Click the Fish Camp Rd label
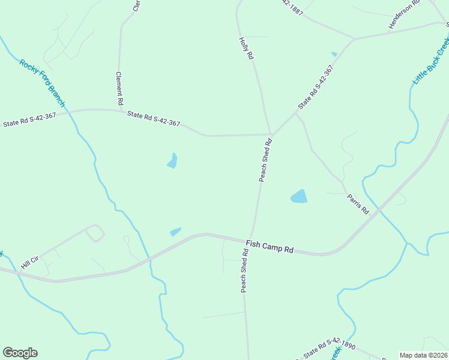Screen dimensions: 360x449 point(269,247)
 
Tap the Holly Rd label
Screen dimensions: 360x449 point(247,47)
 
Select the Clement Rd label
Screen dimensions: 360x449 point(120,85)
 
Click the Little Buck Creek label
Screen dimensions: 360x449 point(431,60)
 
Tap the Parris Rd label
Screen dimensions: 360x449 point(357,204)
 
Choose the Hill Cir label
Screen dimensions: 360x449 point(29,262)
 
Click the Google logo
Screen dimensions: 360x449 point(20,353)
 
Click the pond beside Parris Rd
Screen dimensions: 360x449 point(298,196)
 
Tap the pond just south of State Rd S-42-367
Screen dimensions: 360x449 point(172,161)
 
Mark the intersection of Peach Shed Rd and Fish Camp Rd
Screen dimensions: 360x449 point(250,239)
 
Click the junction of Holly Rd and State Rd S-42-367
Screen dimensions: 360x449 point(271,134)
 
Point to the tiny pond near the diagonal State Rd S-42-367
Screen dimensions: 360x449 point(334,54)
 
